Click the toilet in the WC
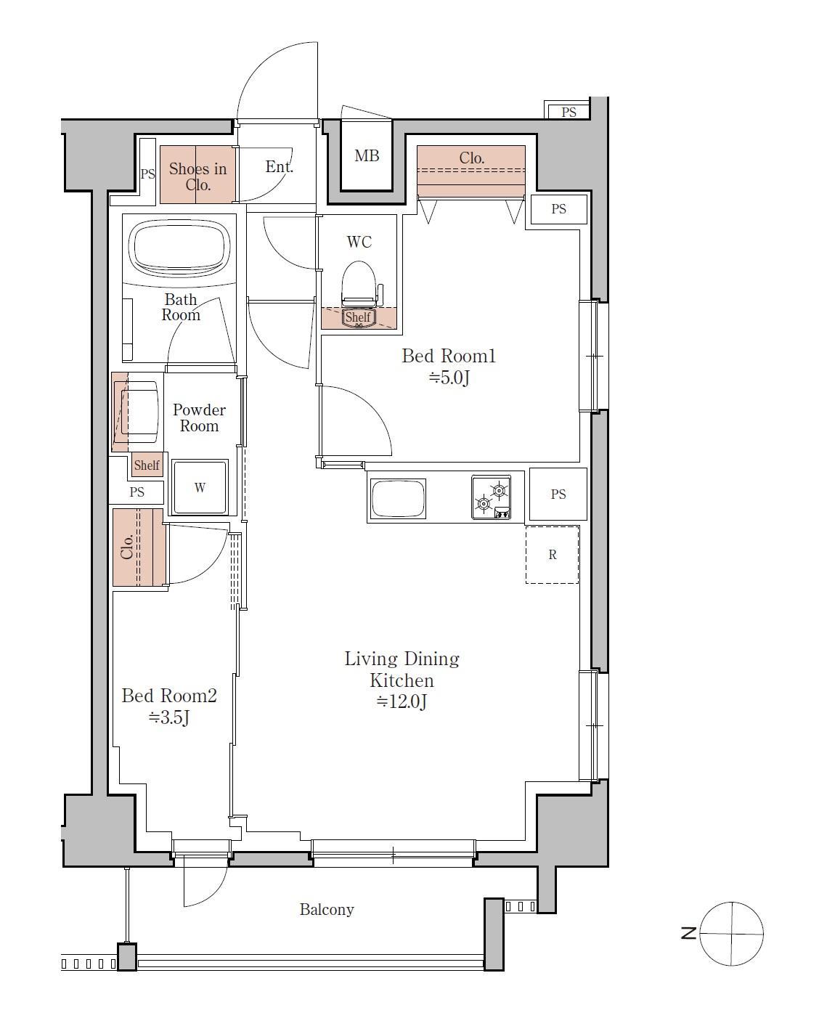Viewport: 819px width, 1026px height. click(x=359, y=284)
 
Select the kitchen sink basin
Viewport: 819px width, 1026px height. click(x=398, y=498)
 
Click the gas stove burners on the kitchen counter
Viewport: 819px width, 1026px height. click(x=491, y=497)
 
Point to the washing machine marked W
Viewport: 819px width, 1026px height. click(x=199, y=486)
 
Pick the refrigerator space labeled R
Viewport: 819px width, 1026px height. click(x=552, y=555)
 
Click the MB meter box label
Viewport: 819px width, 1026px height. click(x=367, y=155)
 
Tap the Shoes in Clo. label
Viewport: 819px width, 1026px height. click(x=197, y=176)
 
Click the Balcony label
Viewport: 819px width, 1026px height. click(x=327, y=909)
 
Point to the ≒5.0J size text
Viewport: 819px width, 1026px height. click(x=449, y=377)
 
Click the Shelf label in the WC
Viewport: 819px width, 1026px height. click(x=357, y=317)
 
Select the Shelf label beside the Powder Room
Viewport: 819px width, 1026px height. click(x=147, y=465)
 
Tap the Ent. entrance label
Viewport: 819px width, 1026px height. click(x=280, y=166)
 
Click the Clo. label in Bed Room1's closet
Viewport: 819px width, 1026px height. click(x=471, y=158)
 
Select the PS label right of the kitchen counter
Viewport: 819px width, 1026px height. click(x=558, y=494)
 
